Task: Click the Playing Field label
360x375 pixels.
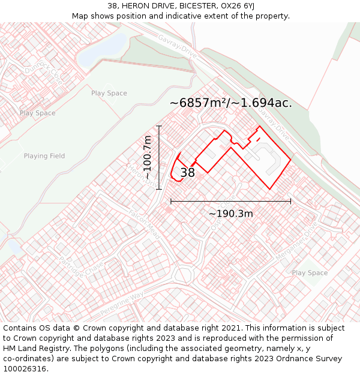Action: coord(44,156)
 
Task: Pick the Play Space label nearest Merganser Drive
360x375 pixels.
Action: coord(310,273)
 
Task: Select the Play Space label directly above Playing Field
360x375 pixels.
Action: coord(37,113)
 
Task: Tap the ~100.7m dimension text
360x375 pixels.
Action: coord(148,158)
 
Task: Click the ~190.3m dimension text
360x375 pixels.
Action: coord(231,214)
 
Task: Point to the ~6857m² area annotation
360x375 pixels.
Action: coord(231,103)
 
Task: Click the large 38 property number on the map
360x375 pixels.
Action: coord(187,173)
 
